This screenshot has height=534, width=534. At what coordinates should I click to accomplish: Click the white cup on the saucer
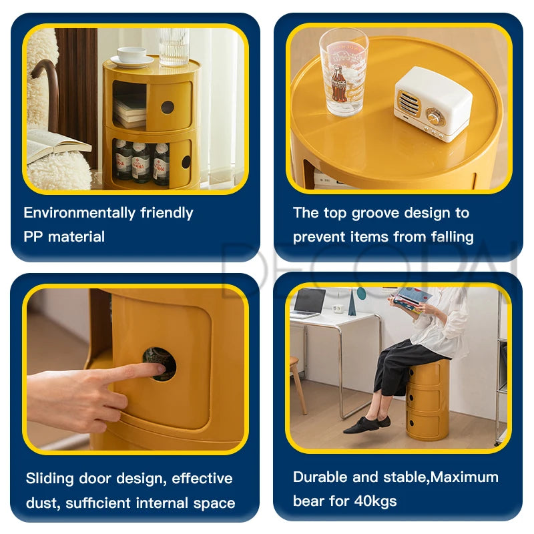(131, 55)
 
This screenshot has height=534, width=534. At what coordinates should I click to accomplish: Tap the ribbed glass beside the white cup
(174, 47)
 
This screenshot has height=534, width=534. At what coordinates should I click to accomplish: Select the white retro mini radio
(433, 103)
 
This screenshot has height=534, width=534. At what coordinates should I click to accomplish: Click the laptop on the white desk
(309, 303)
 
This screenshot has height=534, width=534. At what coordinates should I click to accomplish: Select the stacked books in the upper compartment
(129, 112)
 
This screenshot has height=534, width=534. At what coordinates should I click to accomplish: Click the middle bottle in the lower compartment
(140, 162)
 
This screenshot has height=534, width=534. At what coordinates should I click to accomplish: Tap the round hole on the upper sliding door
(168, 107)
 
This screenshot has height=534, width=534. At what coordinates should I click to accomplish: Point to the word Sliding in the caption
(49, 479)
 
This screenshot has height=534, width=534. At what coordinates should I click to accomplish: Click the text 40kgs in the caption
(375, 501)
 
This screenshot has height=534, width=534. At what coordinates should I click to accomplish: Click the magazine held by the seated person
(411, 299)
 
